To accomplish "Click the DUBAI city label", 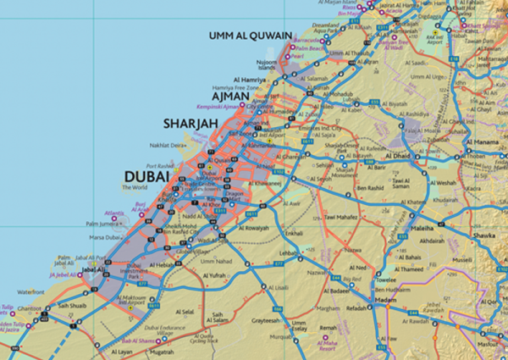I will click(146, 176).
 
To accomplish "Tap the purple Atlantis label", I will click(113, 213).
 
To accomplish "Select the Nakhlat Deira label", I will click(167, 145).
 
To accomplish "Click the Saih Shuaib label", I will click(73, 305).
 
